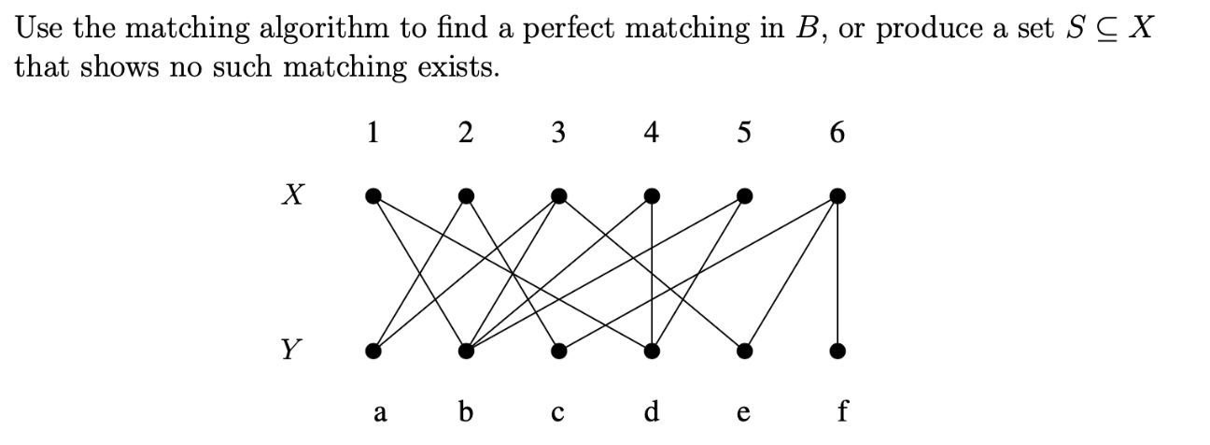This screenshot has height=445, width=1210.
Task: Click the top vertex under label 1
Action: tap(373, 196)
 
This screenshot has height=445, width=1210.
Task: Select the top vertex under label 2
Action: tap(466, 196)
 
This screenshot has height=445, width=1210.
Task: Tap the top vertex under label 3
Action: tap(558, 196)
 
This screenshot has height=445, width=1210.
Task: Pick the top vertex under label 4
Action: tap(652, 196)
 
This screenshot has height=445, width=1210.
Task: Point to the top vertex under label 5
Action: tap(744, 196)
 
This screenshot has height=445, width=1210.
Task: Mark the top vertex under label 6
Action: tap(837, 196)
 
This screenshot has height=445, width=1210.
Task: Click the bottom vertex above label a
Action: tap(373, 352)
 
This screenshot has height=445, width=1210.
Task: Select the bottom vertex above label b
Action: tap(466, 352)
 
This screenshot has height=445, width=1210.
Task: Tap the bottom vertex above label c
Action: tap(558, 352)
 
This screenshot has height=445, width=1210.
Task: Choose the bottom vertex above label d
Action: tap(652, 352)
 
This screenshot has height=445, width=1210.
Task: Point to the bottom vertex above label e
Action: tap(744, 352)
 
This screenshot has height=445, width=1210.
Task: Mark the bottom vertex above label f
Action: tap(837, 352)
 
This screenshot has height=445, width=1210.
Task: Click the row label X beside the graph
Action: tap(291, 195)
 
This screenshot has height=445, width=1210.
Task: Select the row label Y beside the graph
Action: tap(291, 351)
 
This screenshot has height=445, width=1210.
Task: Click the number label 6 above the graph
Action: tap(837, 134)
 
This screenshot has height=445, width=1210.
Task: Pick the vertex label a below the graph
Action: tap(379, 412)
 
